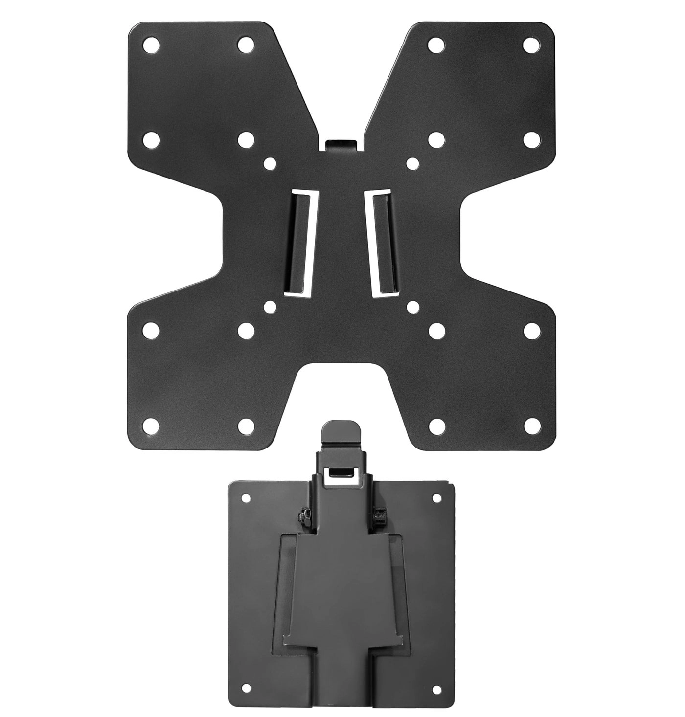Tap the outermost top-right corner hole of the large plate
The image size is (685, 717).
[530, 45]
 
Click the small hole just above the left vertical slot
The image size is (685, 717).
[268, 162]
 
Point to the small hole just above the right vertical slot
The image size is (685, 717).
[412, 162]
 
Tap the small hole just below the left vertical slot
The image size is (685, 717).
[268, 307]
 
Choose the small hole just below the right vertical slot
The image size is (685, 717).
[412, 307]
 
